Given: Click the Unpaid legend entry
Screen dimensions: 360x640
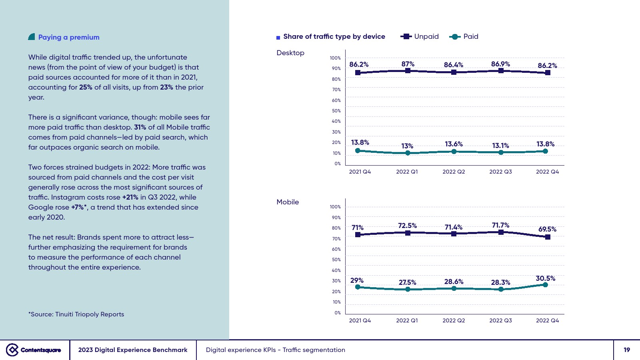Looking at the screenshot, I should [420, 36].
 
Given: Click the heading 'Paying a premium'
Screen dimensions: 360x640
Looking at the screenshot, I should [68, 37].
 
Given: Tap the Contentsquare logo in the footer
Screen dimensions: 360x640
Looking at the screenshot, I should [34, 350].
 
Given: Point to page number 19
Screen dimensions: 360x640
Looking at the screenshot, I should [627, 350].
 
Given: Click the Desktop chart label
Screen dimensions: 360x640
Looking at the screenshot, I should [290, 53].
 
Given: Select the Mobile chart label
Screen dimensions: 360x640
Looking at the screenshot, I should [288, 202].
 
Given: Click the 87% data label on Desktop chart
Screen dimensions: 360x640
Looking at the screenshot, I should [408, 64].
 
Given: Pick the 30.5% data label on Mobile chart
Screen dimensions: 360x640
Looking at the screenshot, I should [545, 278].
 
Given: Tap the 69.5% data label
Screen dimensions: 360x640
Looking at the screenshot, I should [547, 229].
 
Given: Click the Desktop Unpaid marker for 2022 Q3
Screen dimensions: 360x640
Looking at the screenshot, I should [501, 71].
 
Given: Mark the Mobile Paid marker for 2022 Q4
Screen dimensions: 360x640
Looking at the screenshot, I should [545, 285].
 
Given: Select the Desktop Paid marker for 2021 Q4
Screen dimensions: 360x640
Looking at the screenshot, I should [358, 151].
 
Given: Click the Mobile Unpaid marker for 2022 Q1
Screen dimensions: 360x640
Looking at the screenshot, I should [408, 233].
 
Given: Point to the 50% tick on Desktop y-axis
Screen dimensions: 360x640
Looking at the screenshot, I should [336, 111].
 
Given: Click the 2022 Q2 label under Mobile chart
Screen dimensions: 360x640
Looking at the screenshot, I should [454, 320].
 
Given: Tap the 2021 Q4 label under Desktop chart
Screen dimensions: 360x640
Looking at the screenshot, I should [360, 172].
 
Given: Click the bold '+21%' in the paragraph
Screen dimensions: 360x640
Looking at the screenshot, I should [130, 197].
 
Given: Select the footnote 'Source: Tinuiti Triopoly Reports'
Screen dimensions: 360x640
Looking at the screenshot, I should [76, 314].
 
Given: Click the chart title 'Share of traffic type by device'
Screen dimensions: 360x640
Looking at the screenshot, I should [334, 36].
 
